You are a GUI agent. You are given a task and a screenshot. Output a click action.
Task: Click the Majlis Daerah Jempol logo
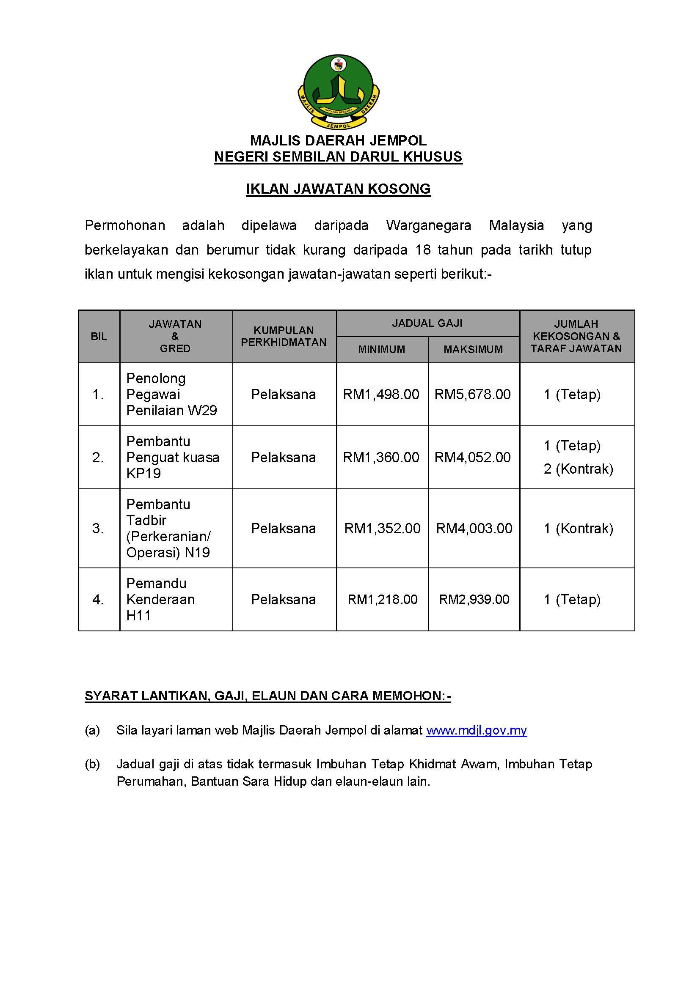click(339, 91)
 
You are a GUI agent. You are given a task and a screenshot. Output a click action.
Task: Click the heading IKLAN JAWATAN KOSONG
click(339, 189)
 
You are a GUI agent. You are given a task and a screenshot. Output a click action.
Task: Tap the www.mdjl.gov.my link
click(476, 730)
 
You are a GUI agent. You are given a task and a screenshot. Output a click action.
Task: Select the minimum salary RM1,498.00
click(381, 394)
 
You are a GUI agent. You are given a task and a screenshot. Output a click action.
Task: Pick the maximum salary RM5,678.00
click(472, 394)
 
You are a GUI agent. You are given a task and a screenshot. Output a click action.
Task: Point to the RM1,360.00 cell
click(381, 457)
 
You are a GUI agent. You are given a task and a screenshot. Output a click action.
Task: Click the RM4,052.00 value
click(472, 457)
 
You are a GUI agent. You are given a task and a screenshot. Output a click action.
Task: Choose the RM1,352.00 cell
click(382, 528)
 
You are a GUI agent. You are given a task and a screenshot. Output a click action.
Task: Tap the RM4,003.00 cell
click(474, 528)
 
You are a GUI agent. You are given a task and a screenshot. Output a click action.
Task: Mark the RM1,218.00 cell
click(382, 599)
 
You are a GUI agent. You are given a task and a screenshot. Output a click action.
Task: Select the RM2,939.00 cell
click(474, 599)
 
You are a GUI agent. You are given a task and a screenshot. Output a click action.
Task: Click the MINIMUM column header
click(381, 349)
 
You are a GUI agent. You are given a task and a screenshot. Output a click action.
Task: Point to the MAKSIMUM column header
click(473, 349)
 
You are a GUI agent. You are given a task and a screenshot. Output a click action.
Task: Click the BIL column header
click(99, 336)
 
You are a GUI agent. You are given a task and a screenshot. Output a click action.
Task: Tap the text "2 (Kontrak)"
click(578, 469)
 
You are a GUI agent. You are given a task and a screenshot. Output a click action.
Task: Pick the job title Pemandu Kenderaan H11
click(160, 599)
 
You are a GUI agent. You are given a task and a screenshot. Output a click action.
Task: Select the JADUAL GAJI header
click(427, 323)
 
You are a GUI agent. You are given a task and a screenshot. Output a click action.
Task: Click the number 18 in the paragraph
click(423, 250)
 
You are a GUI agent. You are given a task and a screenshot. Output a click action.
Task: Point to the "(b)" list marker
click(92, 764)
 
